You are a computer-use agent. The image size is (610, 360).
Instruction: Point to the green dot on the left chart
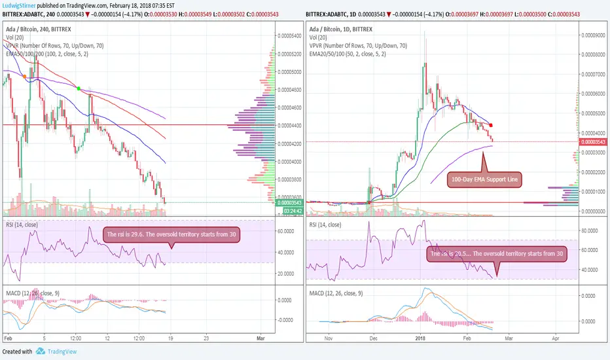(79, 88)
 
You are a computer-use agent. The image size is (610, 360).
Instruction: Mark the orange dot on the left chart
(25, 77)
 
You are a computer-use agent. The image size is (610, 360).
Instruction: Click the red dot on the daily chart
(492, 125)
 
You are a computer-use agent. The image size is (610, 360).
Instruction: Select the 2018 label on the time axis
(422, 340)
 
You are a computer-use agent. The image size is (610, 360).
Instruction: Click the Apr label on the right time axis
(555, 340)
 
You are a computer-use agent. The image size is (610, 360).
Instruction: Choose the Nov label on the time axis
(330, 340)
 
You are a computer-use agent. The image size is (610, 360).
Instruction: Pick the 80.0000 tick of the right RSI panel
(593, 230)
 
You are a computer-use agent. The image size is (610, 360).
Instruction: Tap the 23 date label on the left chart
(207, 340)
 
